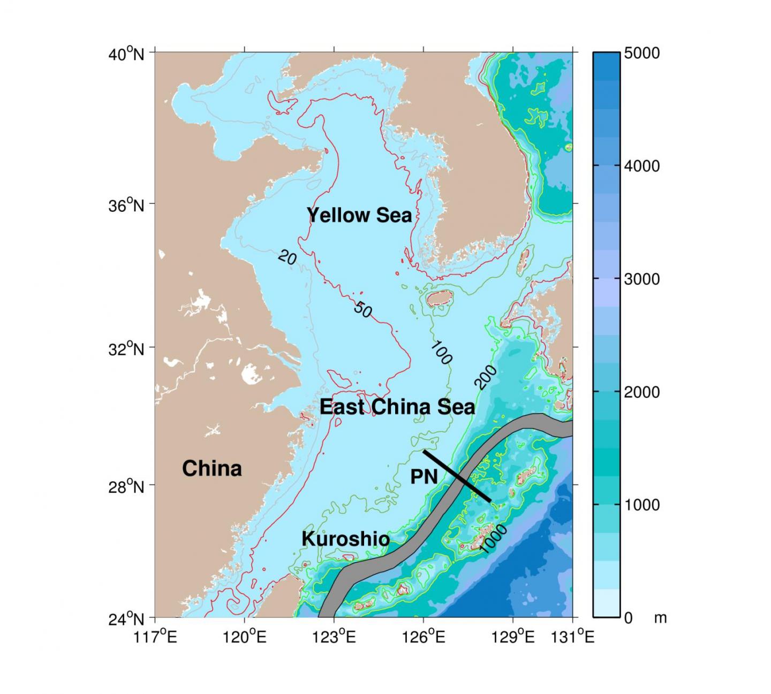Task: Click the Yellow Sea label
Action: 359,215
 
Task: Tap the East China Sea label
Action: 397,407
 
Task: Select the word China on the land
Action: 212,468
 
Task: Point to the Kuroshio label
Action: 346,539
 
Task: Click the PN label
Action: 424,476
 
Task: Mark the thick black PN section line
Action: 457,476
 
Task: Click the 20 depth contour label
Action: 288,258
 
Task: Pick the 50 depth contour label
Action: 363,309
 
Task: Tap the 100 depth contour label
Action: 441,353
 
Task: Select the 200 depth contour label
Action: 486,377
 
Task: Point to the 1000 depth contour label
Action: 493,538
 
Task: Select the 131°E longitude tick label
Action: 576,637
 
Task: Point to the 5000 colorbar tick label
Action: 642,54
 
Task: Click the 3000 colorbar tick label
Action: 642,279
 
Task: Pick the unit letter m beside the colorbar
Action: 660,618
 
